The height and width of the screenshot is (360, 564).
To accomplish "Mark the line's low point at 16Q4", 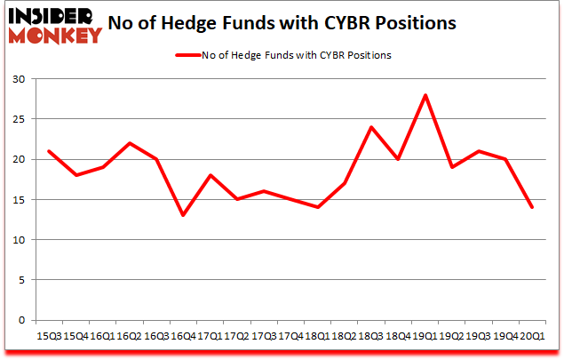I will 183,215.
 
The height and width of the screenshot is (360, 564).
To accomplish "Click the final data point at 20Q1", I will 532,207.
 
